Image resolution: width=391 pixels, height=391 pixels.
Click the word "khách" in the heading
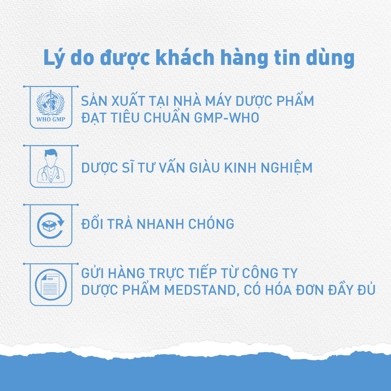tap(185, 58)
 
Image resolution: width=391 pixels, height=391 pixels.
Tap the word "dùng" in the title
tap(330, 58)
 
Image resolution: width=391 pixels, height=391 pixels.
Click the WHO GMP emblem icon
tap(51, 106)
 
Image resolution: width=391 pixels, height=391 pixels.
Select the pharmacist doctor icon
tap(51, 166)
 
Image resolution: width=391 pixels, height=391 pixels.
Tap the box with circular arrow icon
tap(51, 225)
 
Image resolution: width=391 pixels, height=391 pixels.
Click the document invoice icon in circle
tap(51, 284)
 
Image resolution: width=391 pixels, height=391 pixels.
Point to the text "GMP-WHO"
tap(226, 118)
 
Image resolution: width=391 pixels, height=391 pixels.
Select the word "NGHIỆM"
tap(286, 168)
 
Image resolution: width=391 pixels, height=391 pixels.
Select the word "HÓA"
tap(278, 289)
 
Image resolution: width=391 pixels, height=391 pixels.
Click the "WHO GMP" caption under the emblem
tap(51, 119)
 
